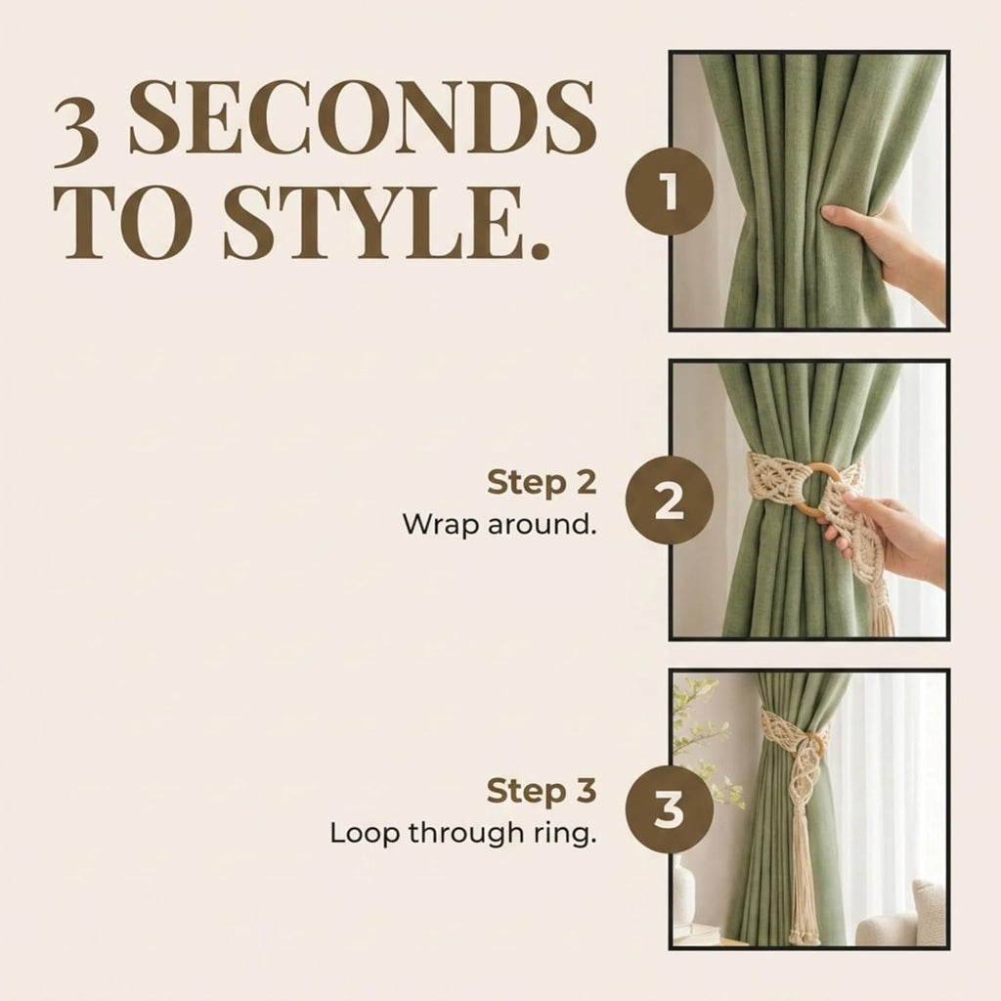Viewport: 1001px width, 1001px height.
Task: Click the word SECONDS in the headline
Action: pos(363,117)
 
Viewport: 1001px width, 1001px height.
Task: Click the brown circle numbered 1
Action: pos(669,191)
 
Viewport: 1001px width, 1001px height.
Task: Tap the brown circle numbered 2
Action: pos(669,500)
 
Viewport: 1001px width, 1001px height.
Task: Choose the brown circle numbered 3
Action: pos(669,808)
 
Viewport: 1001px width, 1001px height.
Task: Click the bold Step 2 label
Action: pos(542,483)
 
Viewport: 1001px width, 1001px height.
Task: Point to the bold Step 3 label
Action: pos(542,792)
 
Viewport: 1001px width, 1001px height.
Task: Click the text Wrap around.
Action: pos(500,525)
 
